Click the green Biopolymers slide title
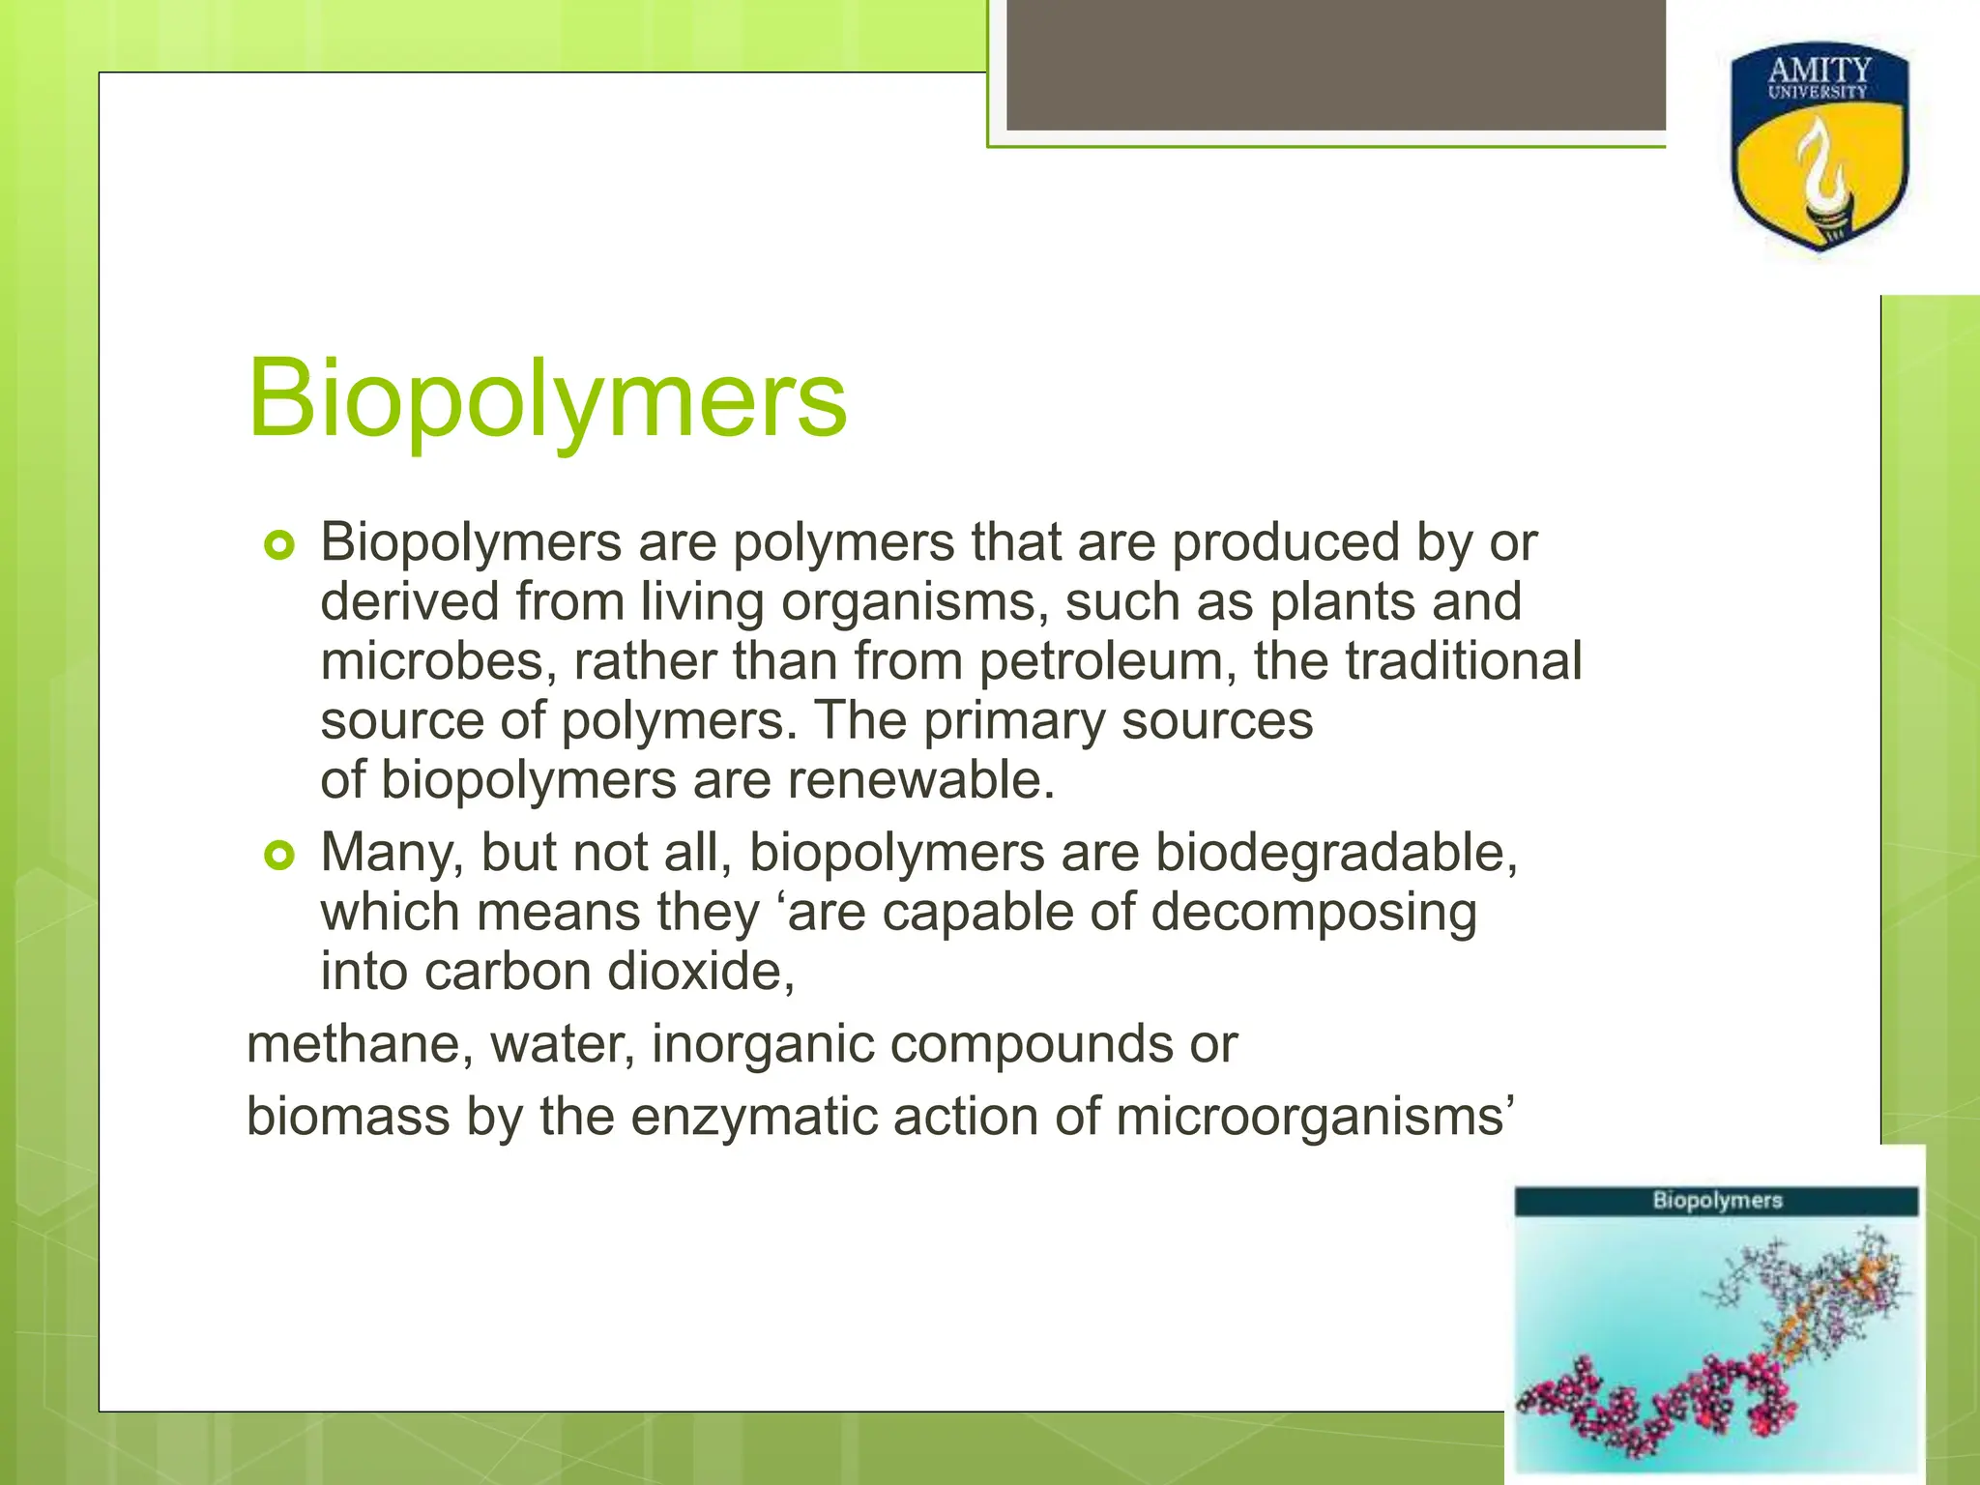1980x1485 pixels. coord(547,398)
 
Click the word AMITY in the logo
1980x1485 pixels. coord(1820,70)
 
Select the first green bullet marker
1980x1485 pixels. coord(278,546)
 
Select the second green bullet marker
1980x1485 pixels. coord(278,856)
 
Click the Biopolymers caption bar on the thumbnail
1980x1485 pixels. coord(1716,1201)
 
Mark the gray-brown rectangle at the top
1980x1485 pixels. coord(1336,65)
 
